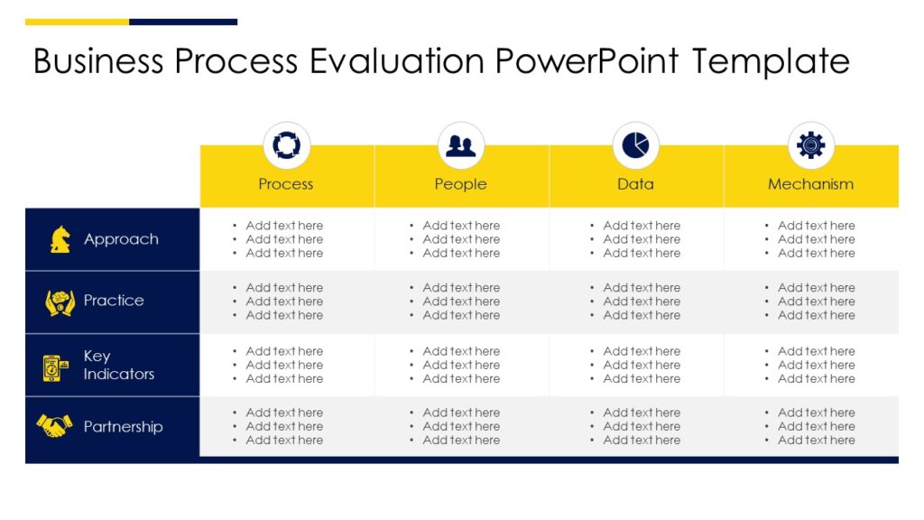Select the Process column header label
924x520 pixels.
tap(286, 184)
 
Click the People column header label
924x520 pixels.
tap(460, 184)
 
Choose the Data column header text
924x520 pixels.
tap(635, 184)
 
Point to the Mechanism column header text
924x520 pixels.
tap(810, 184)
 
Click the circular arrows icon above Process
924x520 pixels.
tap(286, 145)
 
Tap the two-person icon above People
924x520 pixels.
tap(461, 145)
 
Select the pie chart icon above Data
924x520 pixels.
tap(636, 145)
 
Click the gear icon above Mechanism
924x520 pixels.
tap(810, 145)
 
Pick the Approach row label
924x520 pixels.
tap(121, 239)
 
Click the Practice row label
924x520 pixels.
tap(114, 301)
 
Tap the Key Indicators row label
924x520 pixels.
tap(118, 365)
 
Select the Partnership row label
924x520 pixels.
tap(123, 427)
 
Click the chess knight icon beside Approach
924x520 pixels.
tap(60, 239)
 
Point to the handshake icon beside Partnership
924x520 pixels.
tap(54, 425)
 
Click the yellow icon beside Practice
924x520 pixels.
tap(60, 302)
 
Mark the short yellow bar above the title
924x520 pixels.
tap(77, 22)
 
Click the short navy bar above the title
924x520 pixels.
tap(183, 22)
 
